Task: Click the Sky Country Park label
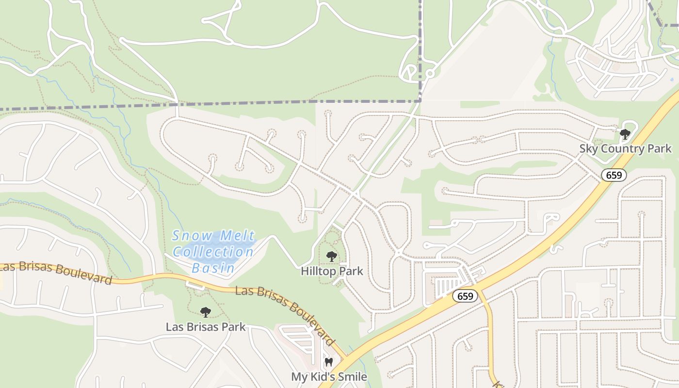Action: click(625, 148)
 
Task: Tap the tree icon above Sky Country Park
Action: click(625, 134)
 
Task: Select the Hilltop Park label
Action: click(332, 271)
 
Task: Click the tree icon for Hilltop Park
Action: click(332, 257)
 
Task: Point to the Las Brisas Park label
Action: click(206, 326)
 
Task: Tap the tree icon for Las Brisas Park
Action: click(206, 312)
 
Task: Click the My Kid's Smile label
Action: click(329, 376)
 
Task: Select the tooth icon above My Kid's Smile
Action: click(329, 362)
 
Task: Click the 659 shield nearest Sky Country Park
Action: click(614, 175)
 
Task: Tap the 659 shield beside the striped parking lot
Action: click(465, 296)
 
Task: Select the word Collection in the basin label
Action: click(213, 252)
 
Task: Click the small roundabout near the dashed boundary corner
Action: click(429, 74)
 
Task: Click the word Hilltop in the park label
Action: click(317, 271)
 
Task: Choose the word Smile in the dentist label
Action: click(352, 376)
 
